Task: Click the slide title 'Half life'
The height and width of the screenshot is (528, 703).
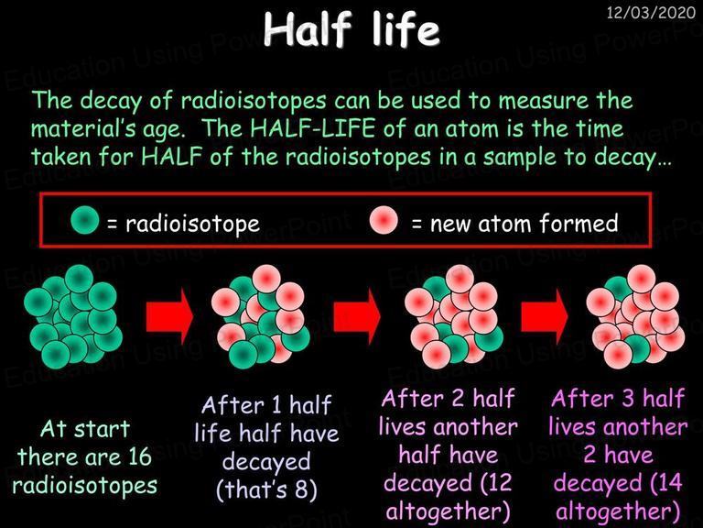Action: tap(351, 29)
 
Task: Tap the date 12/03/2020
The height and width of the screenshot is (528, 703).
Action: tap(651, 12)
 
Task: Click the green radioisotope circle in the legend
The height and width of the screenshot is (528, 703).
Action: tap(85, 220)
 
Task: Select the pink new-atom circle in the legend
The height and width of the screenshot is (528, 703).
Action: tap(384, 220)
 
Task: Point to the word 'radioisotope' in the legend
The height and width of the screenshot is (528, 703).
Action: tap(192, 224)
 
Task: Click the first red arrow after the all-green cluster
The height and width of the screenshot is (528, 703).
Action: tap(169, 316)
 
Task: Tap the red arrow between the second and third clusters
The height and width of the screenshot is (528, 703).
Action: tap(357, 316)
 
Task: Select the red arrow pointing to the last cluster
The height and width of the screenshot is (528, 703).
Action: tap(545, 316)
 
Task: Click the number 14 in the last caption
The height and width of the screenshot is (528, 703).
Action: tap(670, 482)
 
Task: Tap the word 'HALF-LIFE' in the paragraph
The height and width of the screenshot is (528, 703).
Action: tap(312, 128)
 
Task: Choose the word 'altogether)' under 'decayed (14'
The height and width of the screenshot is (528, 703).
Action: tap(618, 511)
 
